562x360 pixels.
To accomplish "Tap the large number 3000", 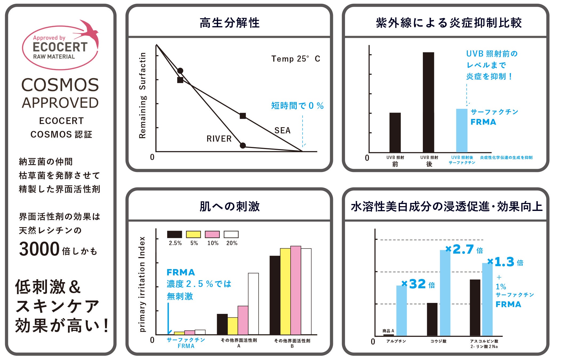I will coord(39,249).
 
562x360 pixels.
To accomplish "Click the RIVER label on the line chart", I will coord(219,139).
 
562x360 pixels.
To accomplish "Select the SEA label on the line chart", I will coord(282,130).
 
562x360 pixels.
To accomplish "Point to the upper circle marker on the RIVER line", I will coord(180,71).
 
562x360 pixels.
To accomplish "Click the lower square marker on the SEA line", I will coord(243,116).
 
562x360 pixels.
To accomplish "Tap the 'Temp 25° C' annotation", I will coord(295,59).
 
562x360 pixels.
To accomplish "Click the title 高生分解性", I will coord(230,23).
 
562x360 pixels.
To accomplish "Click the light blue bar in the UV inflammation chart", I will coord(461,130).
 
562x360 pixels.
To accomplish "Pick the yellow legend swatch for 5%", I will coord(193,234).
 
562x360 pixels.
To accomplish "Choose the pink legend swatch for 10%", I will coord(212,234).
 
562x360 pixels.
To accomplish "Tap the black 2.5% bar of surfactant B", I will coord(275,295).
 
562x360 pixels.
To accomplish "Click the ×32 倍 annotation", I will coord(418,284).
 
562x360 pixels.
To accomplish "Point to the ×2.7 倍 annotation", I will coord(464,250).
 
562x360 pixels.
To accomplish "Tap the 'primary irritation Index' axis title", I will coord(142,284).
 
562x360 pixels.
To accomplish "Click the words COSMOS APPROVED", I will coord(60,93).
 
